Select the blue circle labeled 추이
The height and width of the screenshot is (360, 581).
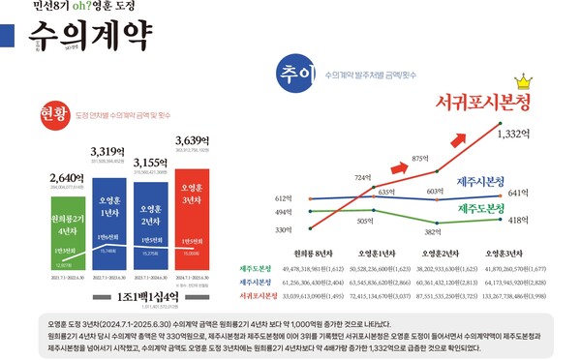point(296,75)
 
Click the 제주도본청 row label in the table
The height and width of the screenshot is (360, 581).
point(260,268)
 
